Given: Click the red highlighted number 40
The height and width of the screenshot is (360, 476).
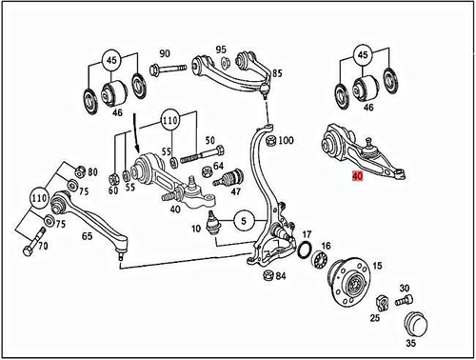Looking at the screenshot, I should click(x=357, y=177).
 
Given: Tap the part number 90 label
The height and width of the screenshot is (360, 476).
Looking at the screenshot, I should click(x=164, y=53).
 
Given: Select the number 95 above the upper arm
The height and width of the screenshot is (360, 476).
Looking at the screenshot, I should click(x=221, y=50).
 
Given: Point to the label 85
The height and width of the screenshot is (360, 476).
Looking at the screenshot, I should click(x=278, y=73).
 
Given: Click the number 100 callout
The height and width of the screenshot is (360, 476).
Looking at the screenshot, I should click(x=286, y=140).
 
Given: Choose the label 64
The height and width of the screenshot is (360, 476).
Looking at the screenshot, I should click(x=219, y=168).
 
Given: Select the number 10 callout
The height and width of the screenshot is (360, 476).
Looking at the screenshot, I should click(x=195, y=229).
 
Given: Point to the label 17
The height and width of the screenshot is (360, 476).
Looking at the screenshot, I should click(x=307, y=234).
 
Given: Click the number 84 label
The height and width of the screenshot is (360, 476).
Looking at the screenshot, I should click(x=280, y=276).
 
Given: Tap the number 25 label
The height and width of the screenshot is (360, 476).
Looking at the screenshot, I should click(x=373, y=316).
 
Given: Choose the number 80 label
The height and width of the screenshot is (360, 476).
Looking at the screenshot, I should click(x=92, y=172).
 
